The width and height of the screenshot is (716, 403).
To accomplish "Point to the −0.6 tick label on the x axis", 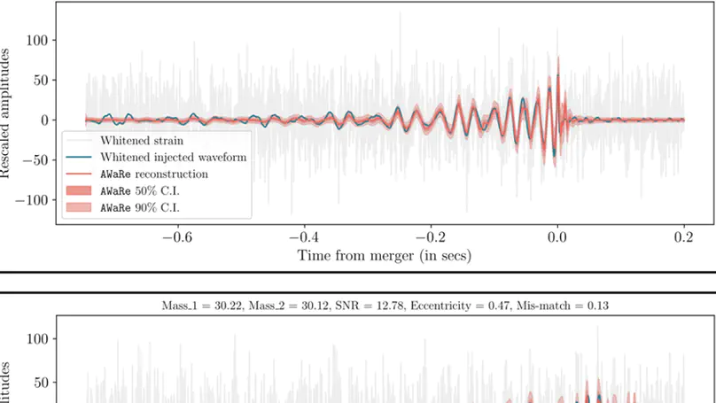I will tap(178, 238).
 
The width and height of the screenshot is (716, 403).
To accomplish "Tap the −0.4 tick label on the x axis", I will tap(304, 238).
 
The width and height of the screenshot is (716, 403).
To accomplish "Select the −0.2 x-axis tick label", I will tap(431, 238).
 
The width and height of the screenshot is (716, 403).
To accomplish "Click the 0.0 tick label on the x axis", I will tap(557, 238).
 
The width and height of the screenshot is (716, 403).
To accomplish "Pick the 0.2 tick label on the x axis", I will tap(684, 238).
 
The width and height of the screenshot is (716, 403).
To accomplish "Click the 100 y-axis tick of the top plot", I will tap(36, 40).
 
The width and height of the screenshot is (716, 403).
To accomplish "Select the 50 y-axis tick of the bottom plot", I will tap(40, 384).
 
